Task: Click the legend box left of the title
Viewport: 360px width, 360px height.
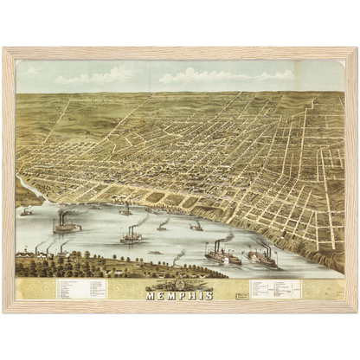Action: pyautogui.click(x=81, y=289)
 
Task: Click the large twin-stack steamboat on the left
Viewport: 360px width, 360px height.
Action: pyautogui.click(x=66, y=227)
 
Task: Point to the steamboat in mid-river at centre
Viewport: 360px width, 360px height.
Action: pyautogui.click(x=132, y=235)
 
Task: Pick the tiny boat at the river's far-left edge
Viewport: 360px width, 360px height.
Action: pyautogui.click(x=27, y=212)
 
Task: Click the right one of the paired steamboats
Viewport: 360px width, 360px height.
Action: pyautogui.click(x=261, y=256)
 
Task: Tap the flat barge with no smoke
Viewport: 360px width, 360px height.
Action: pyautogui.click(x=155, y=253)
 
